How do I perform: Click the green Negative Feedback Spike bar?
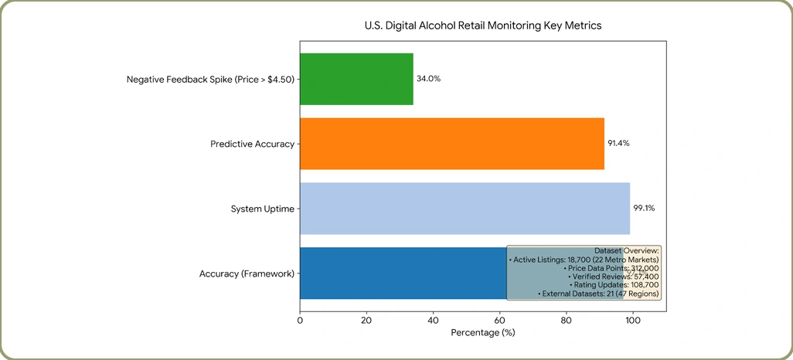point(356,79)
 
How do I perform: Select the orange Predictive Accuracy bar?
point(452,144)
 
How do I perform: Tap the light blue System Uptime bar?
point(465,209)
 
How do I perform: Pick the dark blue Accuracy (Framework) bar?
point(403,273)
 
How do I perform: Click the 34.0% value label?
point(428,79)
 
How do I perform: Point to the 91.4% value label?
point(618,143)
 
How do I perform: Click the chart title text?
point(483,25)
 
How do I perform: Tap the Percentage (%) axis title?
point(482,333)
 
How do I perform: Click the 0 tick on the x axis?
point(300,320)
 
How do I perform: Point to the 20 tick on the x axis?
point(366,320)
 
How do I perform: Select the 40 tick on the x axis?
point(433,320)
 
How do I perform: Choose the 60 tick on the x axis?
point(499,320)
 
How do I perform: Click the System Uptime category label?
point(263,209)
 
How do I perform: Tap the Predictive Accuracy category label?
point(253,144)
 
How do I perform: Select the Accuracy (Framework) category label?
point(247,274)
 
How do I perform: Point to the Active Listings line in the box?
point(584,259)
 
